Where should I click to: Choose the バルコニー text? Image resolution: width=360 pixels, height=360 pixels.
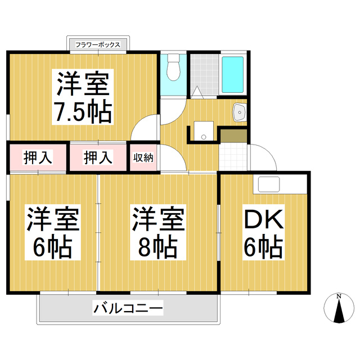point(128,308)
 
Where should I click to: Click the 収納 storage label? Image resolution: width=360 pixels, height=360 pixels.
point(143,158)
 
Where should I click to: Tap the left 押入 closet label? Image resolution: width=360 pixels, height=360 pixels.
point(38,158)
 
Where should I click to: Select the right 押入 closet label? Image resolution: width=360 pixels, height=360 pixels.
point(98,158)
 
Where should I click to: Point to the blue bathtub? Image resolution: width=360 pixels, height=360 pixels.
point(232,74)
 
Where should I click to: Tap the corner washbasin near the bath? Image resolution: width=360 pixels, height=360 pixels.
point(240,112)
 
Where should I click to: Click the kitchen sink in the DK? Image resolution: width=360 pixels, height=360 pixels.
point(269,184)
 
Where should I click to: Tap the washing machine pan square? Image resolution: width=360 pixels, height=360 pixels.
point(201,130)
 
